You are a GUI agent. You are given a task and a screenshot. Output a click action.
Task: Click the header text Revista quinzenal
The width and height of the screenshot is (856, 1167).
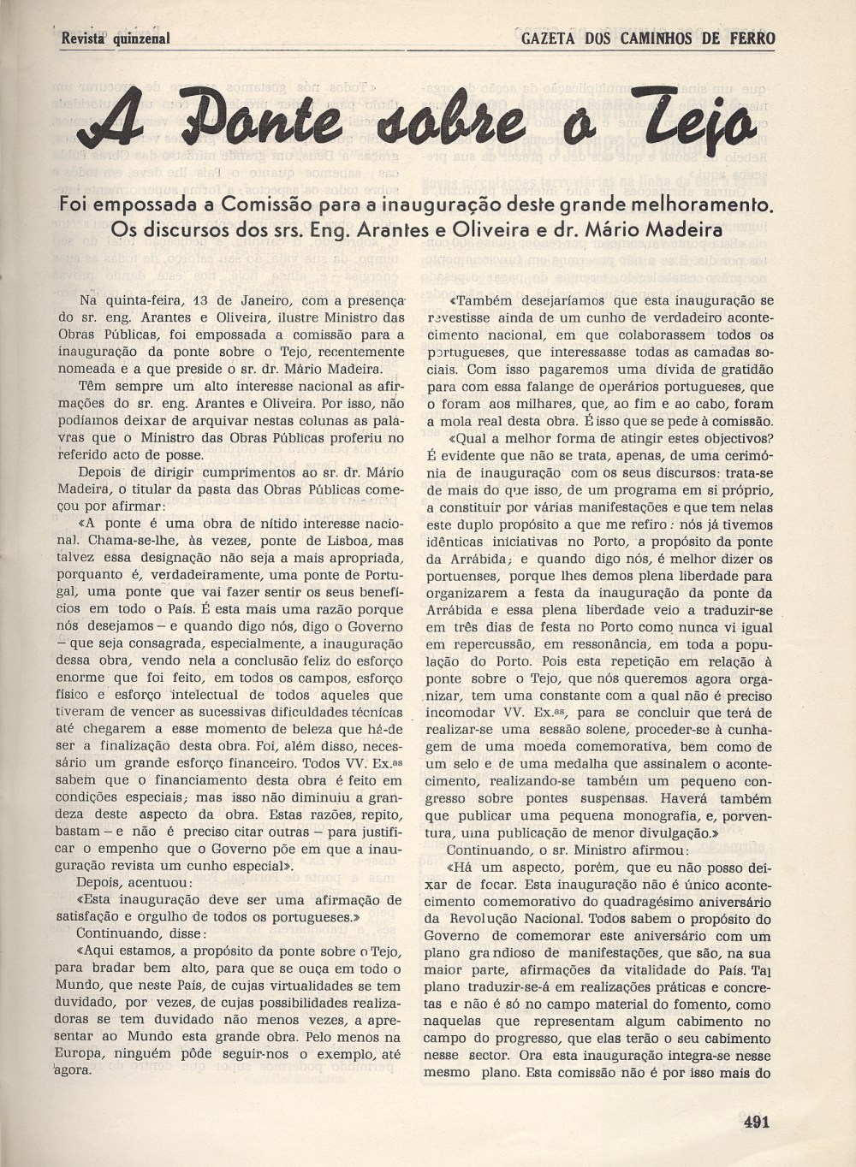pos(116,39)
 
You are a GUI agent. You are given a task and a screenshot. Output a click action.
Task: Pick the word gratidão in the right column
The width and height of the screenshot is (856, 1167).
pos(742,370)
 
